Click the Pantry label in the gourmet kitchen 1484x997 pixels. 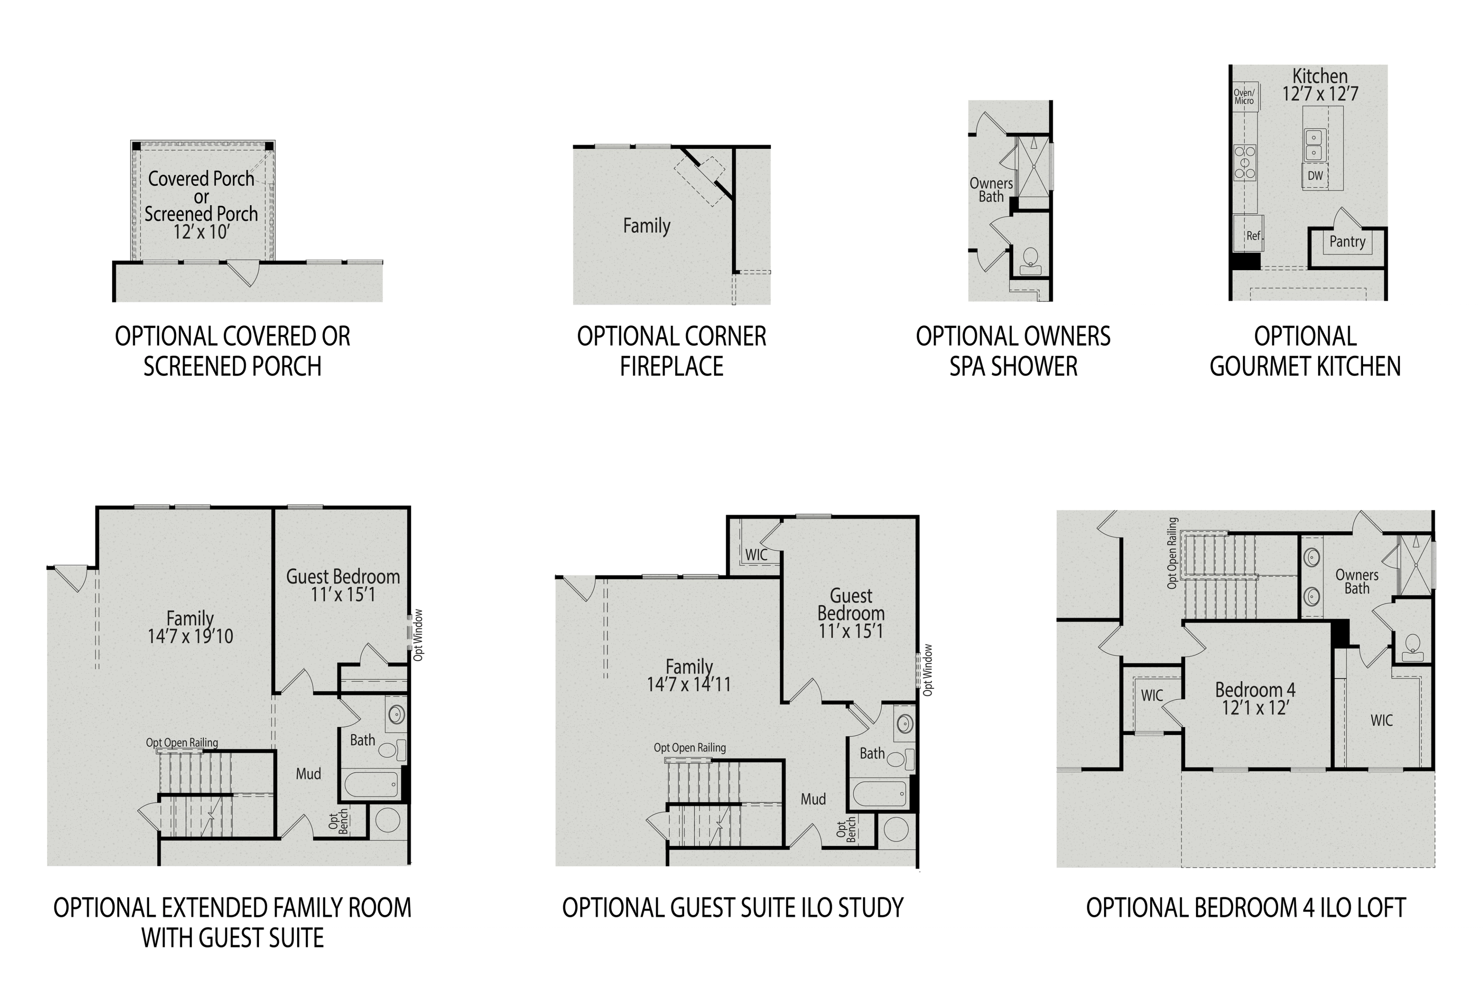tap(1347, 242)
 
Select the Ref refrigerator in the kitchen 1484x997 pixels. tap(1253, 236)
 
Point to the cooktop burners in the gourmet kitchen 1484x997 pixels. tap(1244, 162)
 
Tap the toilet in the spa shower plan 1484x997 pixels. tap(1030, 259)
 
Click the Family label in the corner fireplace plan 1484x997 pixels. tap(646, 226)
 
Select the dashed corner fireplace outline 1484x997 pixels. tap(699, 180)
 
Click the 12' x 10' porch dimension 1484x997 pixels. tap(201, 232)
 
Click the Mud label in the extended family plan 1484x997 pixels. tap(308, 774)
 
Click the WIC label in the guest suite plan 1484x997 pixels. tap(756, 555)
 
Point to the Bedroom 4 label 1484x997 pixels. tap(1254, 690)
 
